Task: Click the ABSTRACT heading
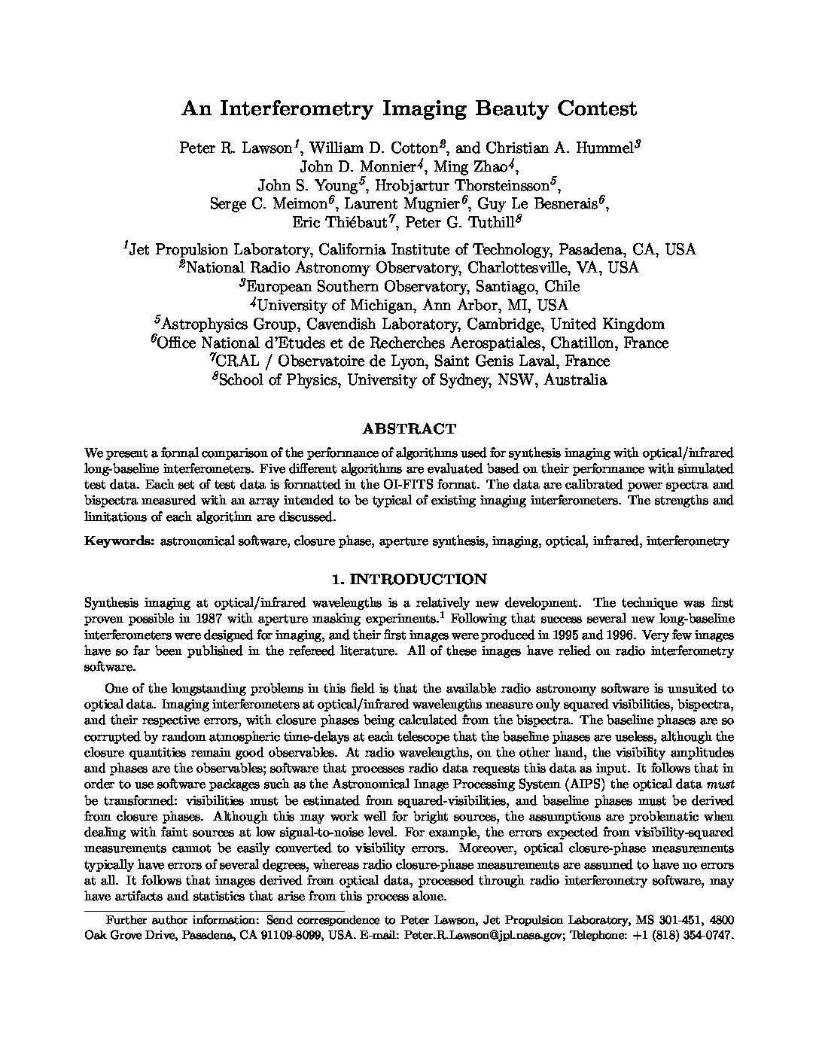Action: [409, 430]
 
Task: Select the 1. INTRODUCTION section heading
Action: [409, 580]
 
